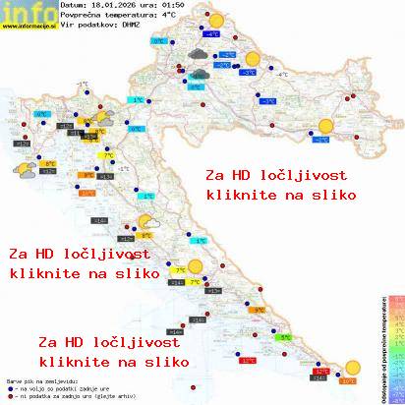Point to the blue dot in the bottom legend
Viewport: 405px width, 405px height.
pyautogui.click(x=9, y=386)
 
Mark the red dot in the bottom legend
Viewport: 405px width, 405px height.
pyautogui.click(x=9, y=394)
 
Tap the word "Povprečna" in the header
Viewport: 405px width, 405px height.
pyautogui.click(x=82, y=16)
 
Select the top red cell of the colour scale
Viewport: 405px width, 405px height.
pyautogui.click(x=397, y=296)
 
